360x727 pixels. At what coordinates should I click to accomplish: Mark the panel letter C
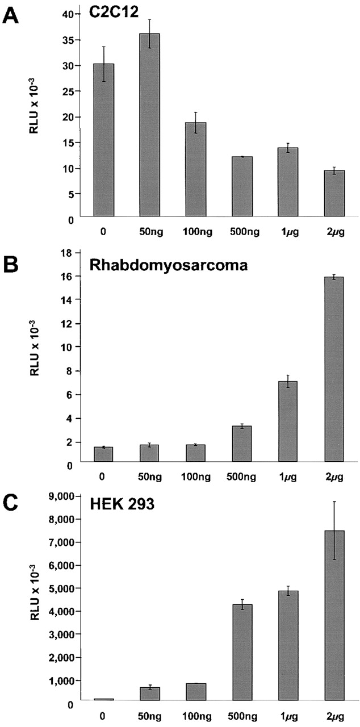(x=12, y=505)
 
